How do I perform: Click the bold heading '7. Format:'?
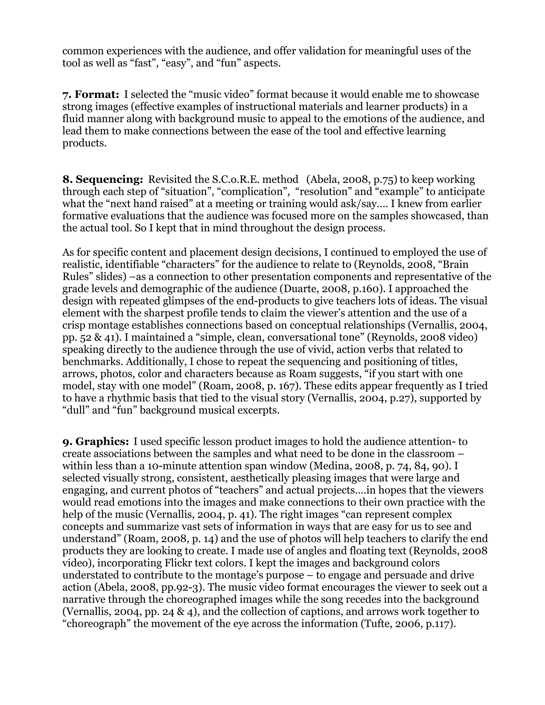[91, 95]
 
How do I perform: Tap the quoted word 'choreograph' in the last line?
[97, 624]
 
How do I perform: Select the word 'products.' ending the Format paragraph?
[84, 143]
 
